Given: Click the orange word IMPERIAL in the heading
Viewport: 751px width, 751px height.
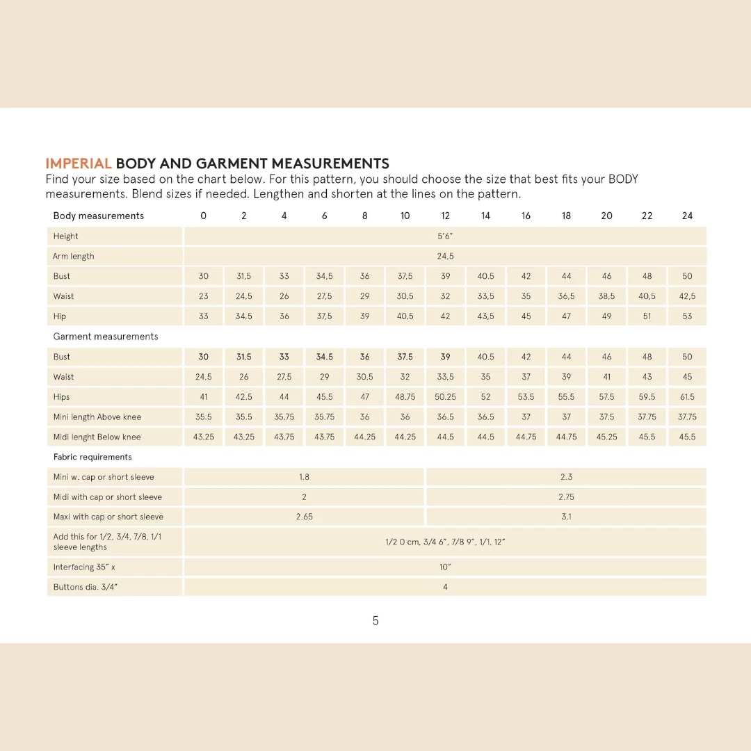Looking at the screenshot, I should pos(79,164).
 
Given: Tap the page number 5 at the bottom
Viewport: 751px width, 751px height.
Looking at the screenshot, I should pos(375,621).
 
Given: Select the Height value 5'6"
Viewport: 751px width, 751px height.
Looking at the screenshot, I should pos(445,236).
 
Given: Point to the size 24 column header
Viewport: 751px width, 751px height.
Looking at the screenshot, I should pos(687,216).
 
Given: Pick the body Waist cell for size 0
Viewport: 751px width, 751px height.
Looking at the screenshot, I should pos(203,296).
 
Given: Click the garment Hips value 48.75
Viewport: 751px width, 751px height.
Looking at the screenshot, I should pos(405,397).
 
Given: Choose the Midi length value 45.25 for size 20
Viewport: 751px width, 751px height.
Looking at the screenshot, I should pos(606,437).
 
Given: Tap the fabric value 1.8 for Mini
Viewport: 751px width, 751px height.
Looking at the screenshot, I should pos(304,478).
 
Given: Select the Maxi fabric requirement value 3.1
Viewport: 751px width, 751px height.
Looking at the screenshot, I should pos(566,517).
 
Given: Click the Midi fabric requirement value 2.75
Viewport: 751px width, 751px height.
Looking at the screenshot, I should pos(566,497).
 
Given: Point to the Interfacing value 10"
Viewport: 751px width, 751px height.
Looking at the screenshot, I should pos(445,567).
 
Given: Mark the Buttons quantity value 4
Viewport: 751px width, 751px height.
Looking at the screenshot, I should pos(445,588).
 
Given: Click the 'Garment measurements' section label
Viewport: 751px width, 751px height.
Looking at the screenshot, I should pos(106,337).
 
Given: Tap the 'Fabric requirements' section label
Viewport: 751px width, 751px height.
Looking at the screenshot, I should pos(92,458).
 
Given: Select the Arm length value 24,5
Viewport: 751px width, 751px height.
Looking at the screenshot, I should pos(445,257).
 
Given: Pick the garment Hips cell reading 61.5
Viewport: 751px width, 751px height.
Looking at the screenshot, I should pos(687,397).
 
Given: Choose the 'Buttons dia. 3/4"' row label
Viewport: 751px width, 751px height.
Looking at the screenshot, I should pos(86,588).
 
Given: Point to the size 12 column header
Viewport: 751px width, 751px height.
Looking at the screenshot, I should pos(445,216).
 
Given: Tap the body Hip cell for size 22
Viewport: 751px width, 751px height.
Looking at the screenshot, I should pos(647,316).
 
